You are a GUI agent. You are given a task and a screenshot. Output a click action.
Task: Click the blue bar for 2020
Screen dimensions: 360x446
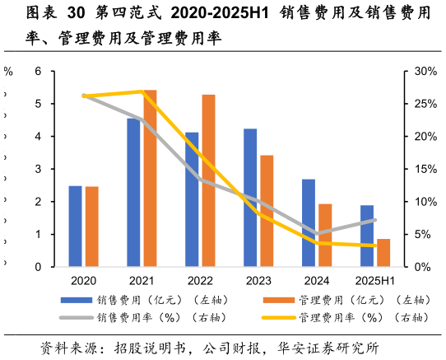[x=75, y=227]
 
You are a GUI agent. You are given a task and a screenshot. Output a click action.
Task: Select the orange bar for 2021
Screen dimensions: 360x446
[x=150, y=178]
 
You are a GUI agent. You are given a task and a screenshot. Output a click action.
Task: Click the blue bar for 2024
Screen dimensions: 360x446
[x=309, y=223]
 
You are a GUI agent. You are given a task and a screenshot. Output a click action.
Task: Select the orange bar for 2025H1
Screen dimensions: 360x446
[x=383, y=253]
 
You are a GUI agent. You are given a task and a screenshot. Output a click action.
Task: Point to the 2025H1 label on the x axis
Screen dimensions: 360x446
[x=375, y=281]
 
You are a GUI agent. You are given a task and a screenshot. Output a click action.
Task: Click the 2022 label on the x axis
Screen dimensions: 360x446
[x=200, y=281]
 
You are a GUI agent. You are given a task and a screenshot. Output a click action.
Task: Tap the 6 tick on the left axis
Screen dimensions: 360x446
[x=37, y=72]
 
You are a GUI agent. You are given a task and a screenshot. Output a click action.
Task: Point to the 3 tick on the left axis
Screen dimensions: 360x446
[x=37, y=169]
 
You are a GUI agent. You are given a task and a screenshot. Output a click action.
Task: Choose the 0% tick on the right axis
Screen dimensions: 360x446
[x=422, y=267]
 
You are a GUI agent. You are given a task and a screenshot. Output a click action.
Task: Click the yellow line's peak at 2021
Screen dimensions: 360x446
[x=142, y=91]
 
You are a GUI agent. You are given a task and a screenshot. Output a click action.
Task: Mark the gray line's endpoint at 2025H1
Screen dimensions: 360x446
[x=375, y=220]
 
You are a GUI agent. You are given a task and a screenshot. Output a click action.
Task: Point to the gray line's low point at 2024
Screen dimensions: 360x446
[x=317, y=234]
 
